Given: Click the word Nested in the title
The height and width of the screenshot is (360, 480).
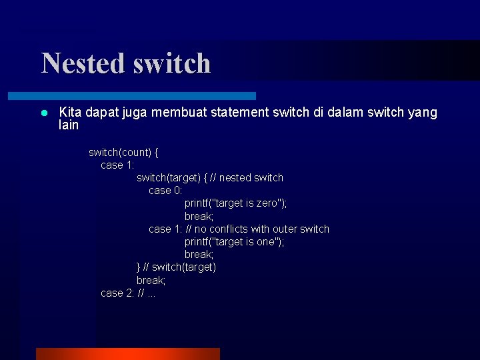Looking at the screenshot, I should [x=83, y=63].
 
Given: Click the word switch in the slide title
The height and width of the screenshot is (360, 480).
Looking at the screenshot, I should [x=172, y=63].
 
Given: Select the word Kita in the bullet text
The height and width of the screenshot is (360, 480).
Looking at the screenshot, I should [x=70, y=113].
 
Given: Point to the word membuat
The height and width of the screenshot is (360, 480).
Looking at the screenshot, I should [x=179, y=113].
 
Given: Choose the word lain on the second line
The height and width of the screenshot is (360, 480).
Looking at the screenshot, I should [x=69, y=125].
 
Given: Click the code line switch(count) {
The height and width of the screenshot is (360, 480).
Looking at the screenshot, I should [x=123, y=152].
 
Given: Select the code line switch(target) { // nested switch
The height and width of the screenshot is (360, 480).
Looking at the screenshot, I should [x=210, y=177].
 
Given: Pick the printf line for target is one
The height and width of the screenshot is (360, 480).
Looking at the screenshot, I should [x=234, y=241].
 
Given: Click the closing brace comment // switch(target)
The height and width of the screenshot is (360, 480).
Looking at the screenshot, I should [x=180, y=267].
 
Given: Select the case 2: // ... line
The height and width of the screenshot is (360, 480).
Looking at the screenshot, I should [x=128, y=293].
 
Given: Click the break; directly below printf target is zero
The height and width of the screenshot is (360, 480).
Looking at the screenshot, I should [x=199, y=216].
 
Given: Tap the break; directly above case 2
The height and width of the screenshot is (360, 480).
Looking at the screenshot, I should [x=151, y=280].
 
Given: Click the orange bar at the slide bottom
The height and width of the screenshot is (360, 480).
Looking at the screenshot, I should [x=127, y=353].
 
